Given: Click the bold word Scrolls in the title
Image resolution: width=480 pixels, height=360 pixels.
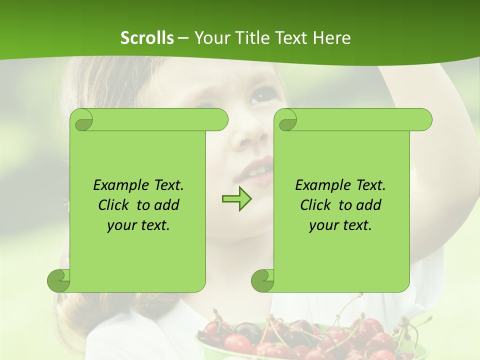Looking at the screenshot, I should coord(147,38).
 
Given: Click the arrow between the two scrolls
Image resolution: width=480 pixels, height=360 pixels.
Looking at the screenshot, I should coord(237,199).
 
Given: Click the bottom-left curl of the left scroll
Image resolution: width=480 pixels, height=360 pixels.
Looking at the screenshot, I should coord(58,281).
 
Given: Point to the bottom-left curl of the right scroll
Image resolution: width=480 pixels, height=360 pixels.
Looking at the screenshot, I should coord(262,281).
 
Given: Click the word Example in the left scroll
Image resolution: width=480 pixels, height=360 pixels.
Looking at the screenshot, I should coord(120,185).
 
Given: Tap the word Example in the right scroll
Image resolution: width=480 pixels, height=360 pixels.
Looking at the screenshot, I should coord(322,185).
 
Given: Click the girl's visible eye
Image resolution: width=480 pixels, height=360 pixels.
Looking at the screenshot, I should coord(261,95).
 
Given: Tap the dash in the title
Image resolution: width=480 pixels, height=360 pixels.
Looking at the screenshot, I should coord(183,38).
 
